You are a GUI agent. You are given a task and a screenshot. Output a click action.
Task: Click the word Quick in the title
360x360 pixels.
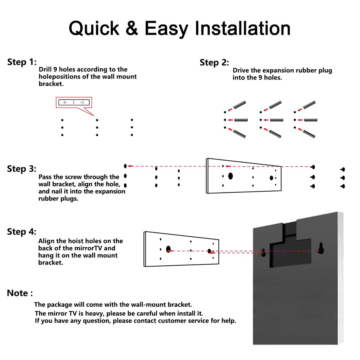pyautogui.click(x=94, y=29)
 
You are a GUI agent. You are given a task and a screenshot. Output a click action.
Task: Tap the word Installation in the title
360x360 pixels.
pyautogui.click(x=242, y=28)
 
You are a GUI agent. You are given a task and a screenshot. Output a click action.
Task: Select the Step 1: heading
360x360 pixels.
pyautogui.click(x=22, y=62)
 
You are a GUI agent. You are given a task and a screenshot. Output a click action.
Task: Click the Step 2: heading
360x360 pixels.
pyautogui.click(x=214, y=63)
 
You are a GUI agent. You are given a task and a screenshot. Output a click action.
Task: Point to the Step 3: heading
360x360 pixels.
pyautogui.click(x=22, y=169)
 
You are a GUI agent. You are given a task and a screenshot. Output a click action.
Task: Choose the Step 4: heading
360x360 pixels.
pyautogui.click(x=22, y=232)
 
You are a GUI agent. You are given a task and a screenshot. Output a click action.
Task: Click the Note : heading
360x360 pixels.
pyautogui.click(x=20, y=293)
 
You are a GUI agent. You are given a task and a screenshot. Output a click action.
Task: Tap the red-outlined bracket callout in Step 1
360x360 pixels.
pyautogui.click(x=74, y=102)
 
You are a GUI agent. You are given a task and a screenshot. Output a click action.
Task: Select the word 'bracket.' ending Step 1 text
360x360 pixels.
pyautogui.click(x=51, y=84)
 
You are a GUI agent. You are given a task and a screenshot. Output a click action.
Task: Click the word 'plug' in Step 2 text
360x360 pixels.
pyautogui.click(x=325, y=71)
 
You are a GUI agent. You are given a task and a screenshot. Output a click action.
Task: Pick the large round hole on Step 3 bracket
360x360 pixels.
pyautogui.click(x=230, y=176)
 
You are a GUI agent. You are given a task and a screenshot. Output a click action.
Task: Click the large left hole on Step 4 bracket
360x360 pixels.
pyautogui.click(x=168, y=249)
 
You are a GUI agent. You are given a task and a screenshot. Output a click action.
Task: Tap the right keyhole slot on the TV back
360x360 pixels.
pyautogui.click(x=321, y=248)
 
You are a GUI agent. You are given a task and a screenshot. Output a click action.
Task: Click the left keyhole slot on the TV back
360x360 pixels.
pyautogui.click(x=263, y=252)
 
